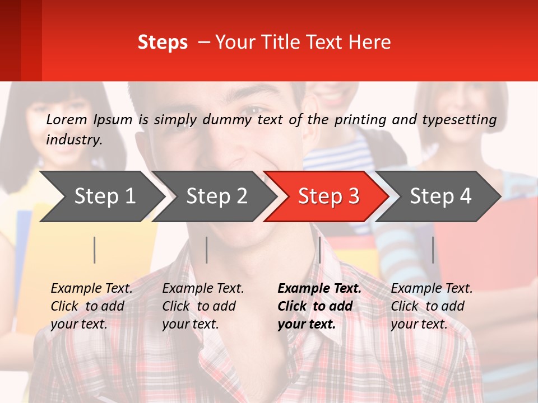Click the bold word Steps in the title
click(x=163, y=43)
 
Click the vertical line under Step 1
click(x=95, y=250)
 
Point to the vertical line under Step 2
click(x=207, y=250)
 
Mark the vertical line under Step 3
click(x=319, y=250)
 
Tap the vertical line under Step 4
click(x=433, y=250)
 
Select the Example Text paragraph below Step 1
click(x=91, y=306)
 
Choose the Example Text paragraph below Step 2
click(x=203, y=306)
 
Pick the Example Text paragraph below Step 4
click(x=432, y=306)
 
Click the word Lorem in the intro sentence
click(x=67, y=119)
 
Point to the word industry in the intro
click(x=73, y=140)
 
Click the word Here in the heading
click(x=370, y=43)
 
